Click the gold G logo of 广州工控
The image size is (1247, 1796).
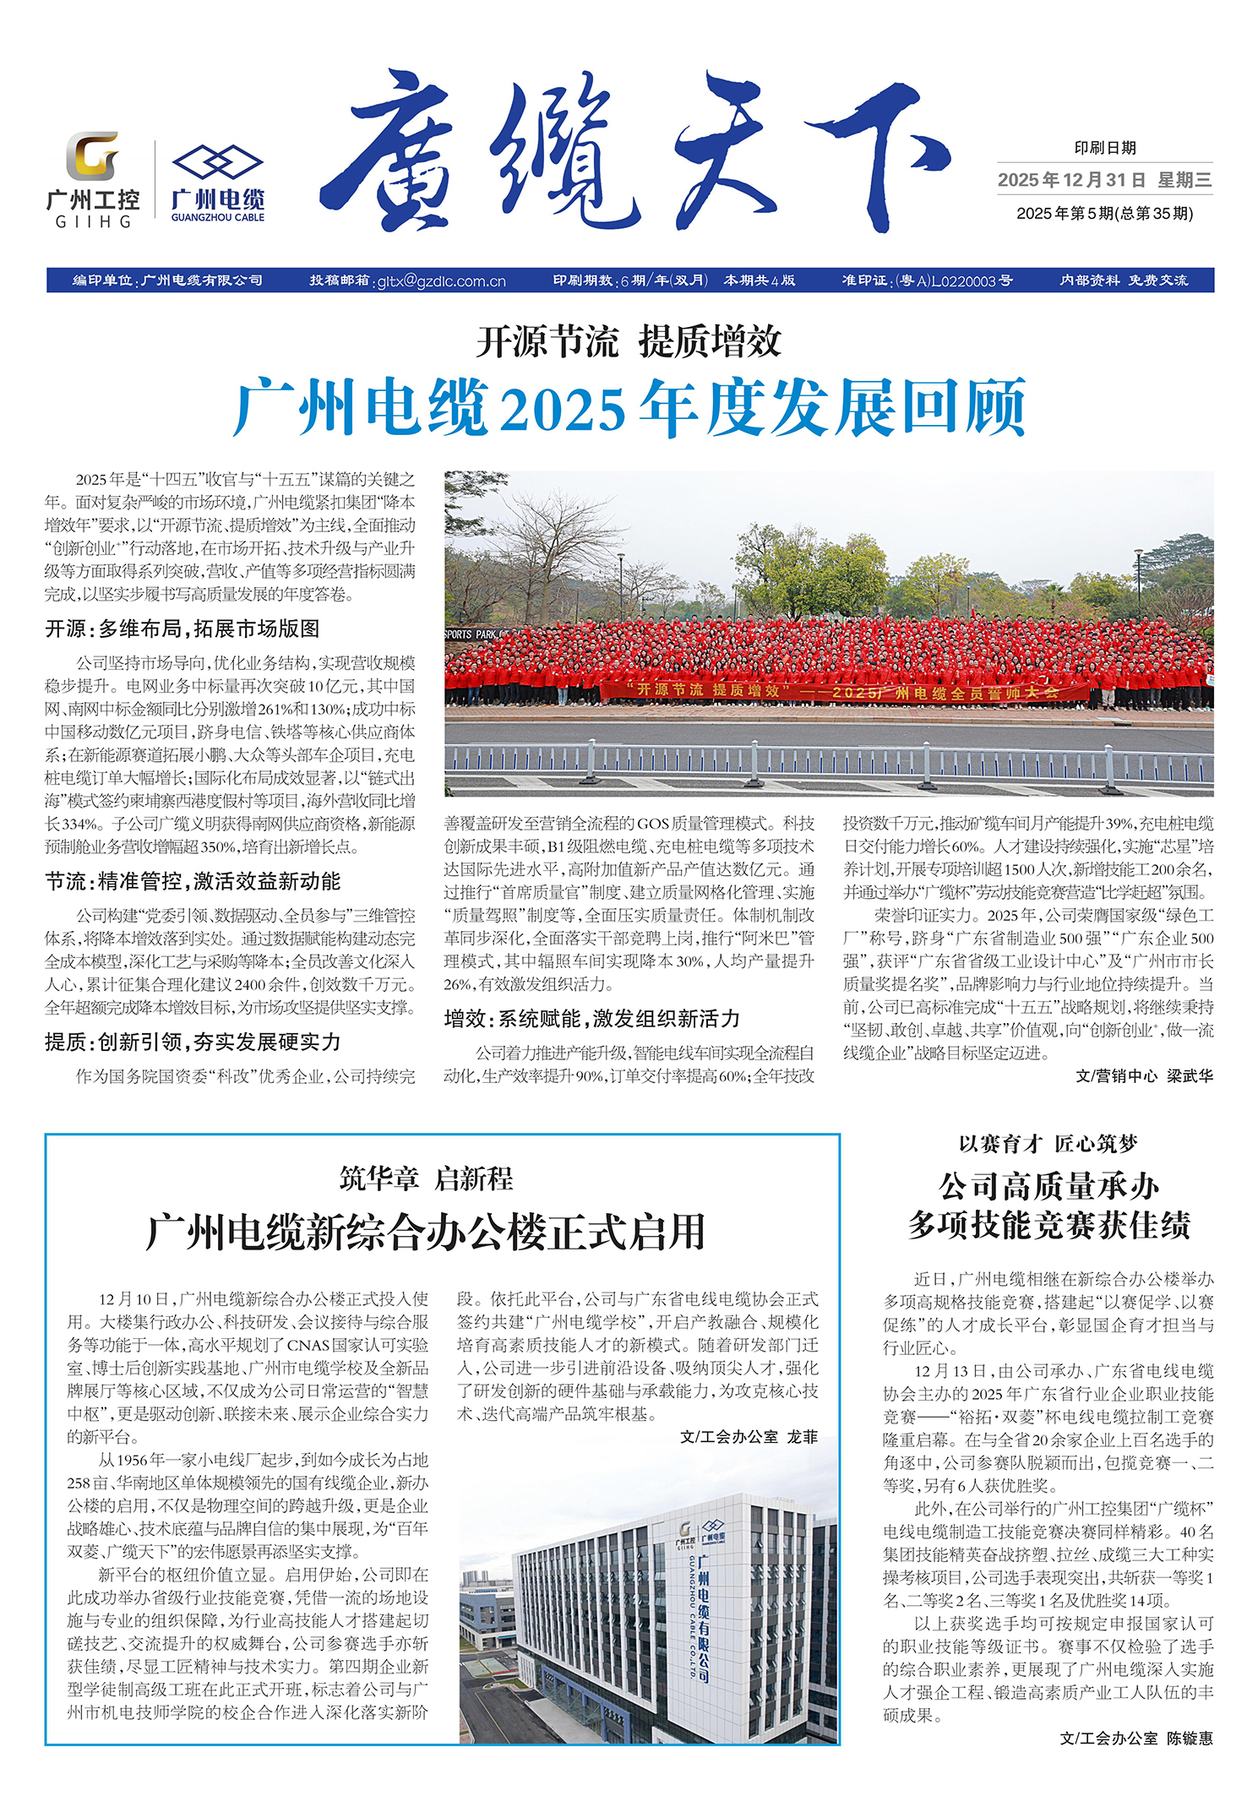[x=92, y=155]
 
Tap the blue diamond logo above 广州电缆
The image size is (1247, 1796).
[x=218, y=162]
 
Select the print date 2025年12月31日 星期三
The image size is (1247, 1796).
[x=1104, y=180]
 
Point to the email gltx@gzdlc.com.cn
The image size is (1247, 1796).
[x=441, y=281]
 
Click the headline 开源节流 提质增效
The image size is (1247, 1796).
[x=629, y=342]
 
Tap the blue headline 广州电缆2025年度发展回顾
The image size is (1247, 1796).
[x=629, y=408]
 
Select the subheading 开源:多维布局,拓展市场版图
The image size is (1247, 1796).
[x=182, y=629]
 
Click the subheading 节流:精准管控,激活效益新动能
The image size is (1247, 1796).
[x=193, y=882]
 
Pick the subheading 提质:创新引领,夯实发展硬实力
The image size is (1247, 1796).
[x=193, y=1042]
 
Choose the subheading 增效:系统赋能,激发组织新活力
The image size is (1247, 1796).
[x=591, y=1019]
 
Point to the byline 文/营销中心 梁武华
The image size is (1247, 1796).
[x=1144, y=1076]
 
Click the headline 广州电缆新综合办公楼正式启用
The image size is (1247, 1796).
[x=426, y=1232]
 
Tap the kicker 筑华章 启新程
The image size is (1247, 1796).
[x=426, y=1178]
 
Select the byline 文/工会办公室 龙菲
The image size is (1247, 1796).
[x=749, y=1437]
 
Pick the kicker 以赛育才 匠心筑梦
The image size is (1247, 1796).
[x=1048, y=1145]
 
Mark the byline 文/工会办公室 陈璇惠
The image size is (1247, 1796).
[x=1136, y=1739]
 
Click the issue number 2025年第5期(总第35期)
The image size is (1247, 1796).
[x=1104, y=214]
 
